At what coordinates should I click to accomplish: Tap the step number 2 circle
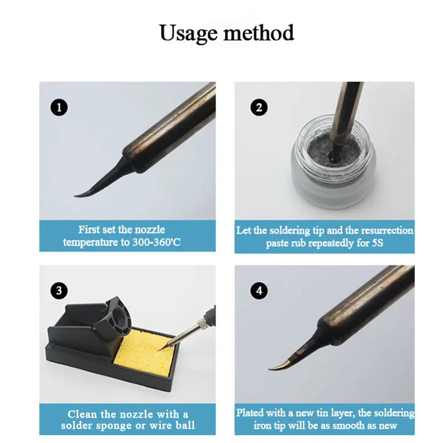click(x=259, y=107)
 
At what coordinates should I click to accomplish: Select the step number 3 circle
click(x=59, y=289)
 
